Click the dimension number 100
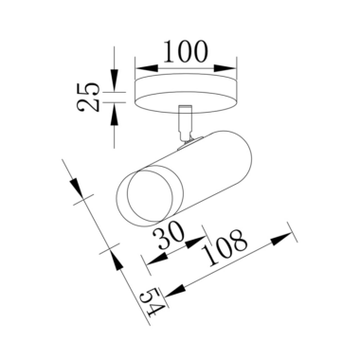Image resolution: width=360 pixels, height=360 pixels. pyautogui.click(x=186, y=51)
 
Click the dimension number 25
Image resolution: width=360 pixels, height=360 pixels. pyautogui.click(x=88, y=98)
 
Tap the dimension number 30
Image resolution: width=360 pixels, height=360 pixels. pyautogui.click(x=169, y=235)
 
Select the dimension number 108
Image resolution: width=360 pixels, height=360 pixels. pyautogui.click(x=224, y=247)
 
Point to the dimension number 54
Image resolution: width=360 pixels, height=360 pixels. pyautogui.click(x=153, y=301)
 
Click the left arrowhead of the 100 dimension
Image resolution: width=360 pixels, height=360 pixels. pyautogui.click(x=147, y=68)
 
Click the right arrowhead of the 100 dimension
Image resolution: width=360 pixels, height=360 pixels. pyautogui.click(x=225, y=68)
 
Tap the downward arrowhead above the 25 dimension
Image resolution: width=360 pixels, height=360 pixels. pyautogui.click(x=114, y=80)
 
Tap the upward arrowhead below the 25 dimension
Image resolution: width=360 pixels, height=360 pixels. pyautogui.click(x=114, y=114)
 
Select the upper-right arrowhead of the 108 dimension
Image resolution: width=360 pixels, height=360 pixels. pyautogui.click(x=281, y=239)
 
